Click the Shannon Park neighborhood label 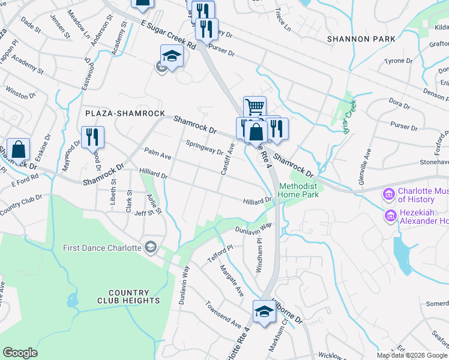pyautogui.click(x=361, y=39)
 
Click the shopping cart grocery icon pyautogui.click(x=255, y=107)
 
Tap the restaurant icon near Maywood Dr pyautogui.click(x=92, y=137)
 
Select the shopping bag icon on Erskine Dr pyautogui.click(x=19, y=149)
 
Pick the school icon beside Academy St pyautogui.click(x=172, y=56)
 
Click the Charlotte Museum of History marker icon pyautogui.click(x=388, y=195)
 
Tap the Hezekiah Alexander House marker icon pyautogui.click(x=391, y=216)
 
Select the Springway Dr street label pyautogui.click(x=204, y=147)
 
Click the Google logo pyautogui.click(x=20, y=353)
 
